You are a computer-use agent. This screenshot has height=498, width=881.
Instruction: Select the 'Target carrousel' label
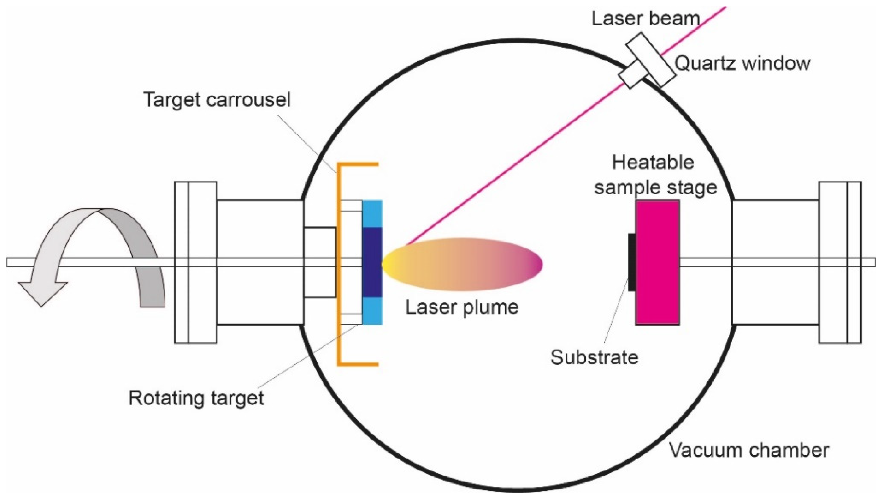217,100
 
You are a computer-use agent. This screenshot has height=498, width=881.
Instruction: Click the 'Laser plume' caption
462,307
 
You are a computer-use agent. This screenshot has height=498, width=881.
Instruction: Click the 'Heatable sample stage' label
655,175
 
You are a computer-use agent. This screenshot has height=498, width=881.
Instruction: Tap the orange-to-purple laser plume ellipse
462,264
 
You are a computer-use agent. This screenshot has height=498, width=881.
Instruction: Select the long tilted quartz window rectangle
651,60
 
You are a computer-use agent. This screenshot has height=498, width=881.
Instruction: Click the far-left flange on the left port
181,262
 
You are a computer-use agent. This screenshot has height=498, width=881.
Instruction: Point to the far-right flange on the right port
854,262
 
